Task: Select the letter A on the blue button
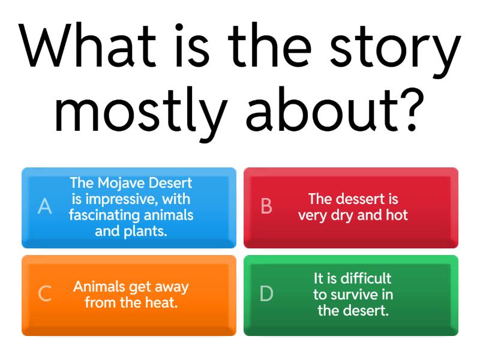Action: coord(44,206)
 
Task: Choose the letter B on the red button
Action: coord(266,206)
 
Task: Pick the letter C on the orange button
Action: coord(44,294)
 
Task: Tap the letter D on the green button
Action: coord(266,294)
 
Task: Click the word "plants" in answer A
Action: coord(146,230)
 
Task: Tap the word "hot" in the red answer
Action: coord(397,215)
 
